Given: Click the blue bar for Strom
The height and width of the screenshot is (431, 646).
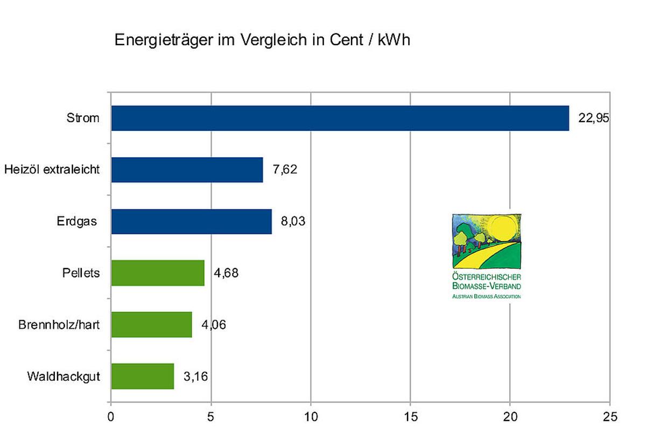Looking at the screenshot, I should [340, 118].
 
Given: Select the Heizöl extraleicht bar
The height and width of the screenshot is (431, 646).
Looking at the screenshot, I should [187, 170].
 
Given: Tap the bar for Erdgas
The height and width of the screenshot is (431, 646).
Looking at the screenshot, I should [191, 221].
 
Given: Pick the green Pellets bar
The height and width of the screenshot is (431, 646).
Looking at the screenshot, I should [158, 273].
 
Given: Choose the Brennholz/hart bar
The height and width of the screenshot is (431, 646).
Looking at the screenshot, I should [151, 324].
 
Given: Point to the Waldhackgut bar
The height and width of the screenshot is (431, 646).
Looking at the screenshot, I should [142, 376].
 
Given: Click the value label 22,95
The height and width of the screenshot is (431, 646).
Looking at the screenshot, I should [593, 118].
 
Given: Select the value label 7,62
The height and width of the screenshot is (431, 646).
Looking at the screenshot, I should [285, 170].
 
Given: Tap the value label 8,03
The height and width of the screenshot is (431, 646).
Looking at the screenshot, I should [293, 221].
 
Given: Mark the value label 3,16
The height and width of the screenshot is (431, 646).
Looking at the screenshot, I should [195, 376].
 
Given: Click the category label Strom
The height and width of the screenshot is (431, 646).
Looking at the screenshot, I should [83, 118].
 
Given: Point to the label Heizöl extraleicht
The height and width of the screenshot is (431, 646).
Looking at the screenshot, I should [52, 170].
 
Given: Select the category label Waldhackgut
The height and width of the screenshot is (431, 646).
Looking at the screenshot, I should [64, 376].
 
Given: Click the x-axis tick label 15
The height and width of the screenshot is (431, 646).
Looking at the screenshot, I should [410, 416].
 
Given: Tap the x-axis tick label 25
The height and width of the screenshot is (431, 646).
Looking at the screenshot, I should [609, 416].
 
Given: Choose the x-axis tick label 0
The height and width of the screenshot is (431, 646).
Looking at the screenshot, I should [111, 416].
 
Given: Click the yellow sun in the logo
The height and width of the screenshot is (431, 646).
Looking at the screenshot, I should [502, 229].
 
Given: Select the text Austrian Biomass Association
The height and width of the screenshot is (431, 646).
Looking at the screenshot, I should [487, 296].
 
